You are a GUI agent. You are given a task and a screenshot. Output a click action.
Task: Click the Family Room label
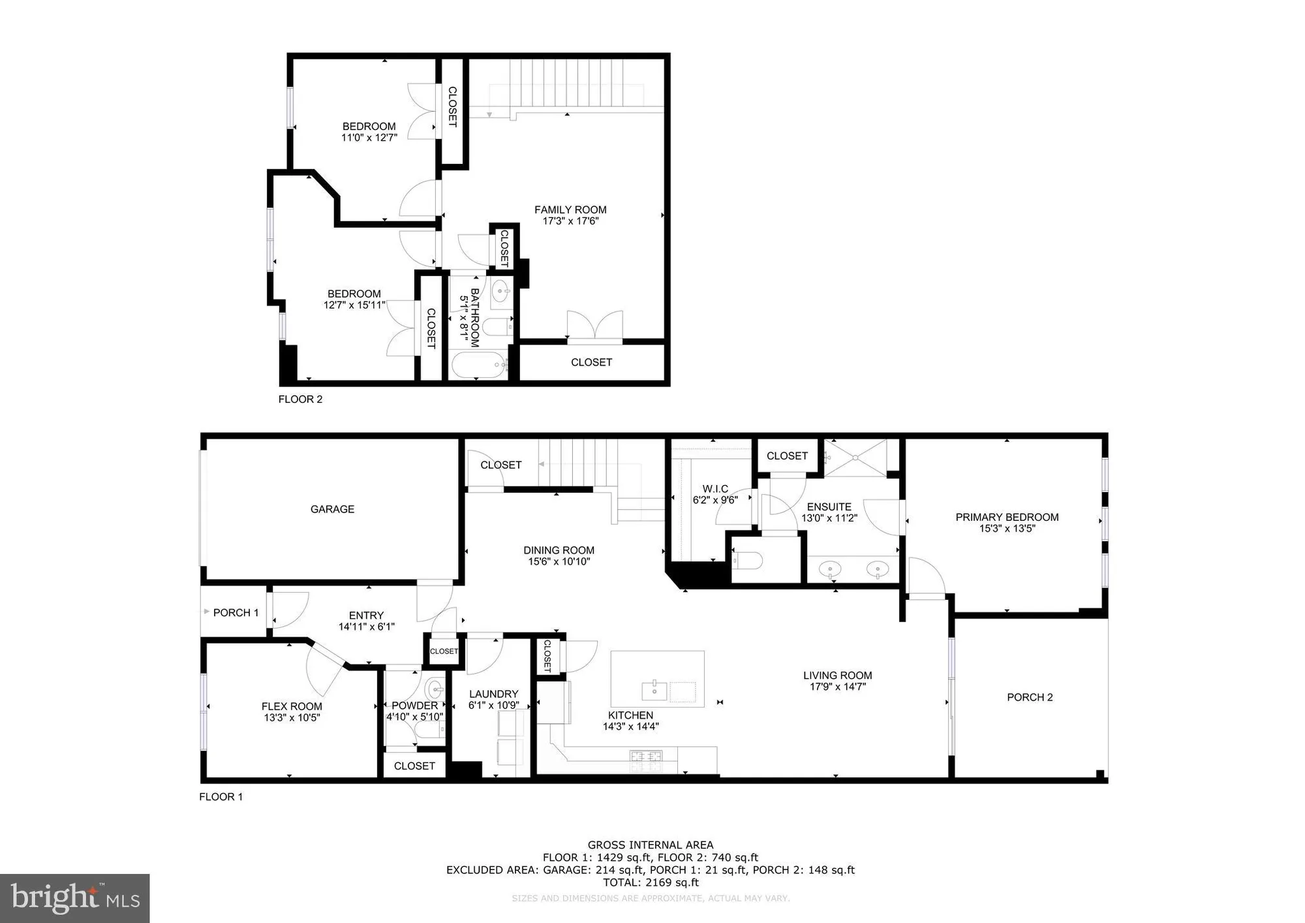coord(570,210)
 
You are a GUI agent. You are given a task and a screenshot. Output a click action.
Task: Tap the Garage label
coord(332,509)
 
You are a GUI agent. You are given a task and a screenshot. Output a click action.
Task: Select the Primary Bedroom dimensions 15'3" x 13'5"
coord(1007,529)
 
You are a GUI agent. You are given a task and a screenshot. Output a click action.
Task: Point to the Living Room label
coord(837,676)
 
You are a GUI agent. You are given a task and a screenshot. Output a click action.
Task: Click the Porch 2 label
coord(1030,697)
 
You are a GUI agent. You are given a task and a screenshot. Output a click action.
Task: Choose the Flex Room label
coord(292,706)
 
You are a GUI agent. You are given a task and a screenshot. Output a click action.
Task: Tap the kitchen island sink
coord(654,689)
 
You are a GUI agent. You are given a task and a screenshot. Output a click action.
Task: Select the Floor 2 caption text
coord(300,399)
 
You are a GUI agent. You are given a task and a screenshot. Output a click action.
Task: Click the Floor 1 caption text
coord(221,796)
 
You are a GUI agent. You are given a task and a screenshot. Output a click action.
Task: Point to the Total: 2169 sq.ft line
coord(651,883)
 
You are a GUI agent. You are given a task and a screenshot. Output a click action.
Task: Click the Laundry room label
coord(493,694)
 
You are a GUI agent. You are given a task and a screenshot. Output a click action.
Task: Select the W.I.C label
coord(715,489)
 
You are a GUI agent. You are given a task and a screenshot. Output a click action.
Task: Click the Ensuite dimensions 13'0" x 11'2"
coord(829,518)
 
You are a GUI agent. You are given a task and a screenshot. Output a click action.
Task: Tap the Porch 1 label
coord(236,612)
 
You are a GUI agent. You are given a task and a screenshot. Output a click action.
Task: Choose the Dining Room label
coord(559,550)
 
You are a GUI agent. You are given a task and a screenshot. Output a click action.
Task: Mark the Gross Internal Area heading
coord(651,845)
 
